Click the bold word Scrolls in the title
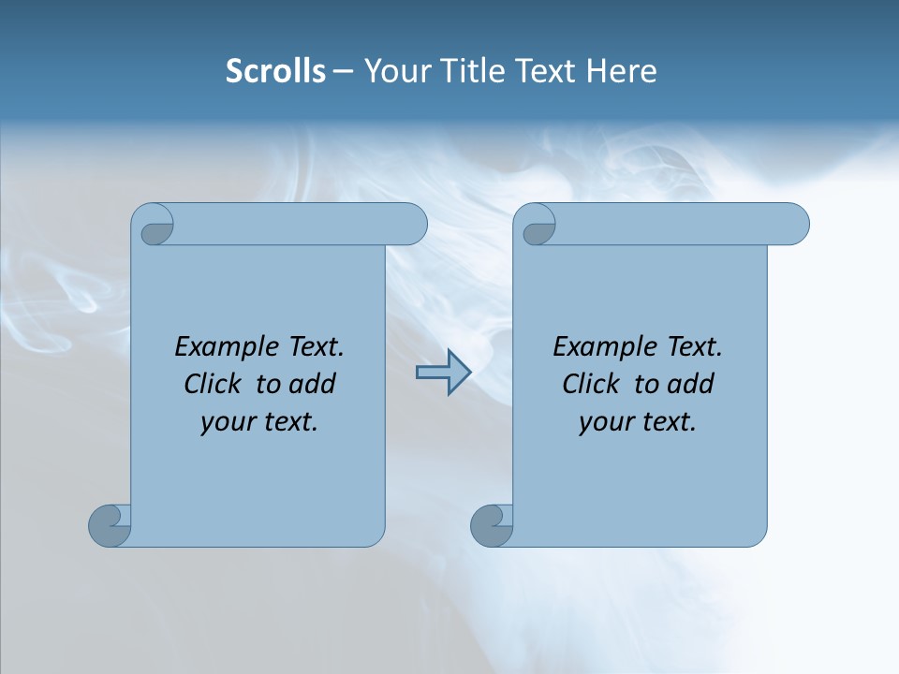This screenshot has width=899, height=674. coord(275,71)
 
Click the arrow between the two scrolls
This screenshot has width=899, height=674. coord(443,373)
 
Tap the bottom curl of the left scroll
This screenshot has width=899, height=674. coord(111,525)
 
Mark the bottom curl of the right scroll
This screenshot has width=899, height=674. coord(493,525)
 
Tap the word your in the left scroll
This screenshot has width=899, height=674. coord(225,422)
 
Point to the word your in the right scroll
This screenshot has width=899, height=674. coord(603,422)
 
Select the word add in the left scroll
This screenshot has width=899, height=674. coord(312,384)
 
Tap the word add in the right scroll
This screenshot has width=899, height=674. coord(690,384)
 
